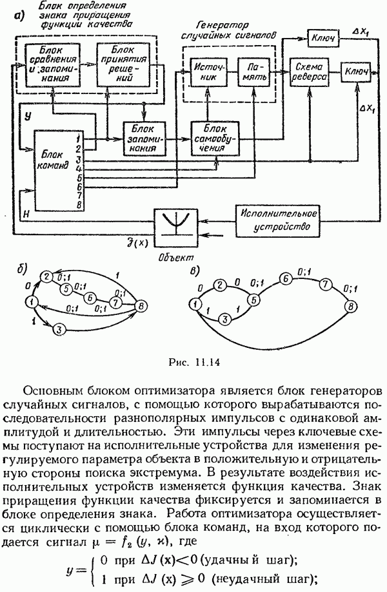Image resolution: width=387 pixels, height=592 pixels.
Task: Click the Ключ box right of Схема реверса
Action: pyautogui.click(x=356, y=73)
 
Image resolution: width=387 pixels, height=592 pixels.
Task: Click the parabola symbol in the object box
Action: pyautogui.click(x=175, y=224)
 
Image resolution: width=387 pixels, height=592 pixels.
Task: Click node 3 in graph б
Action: pyautogui.click(x=57, y=329)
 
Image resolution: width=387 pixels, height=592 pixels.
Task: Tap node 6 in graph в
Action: pyautogui.click(x=283, y=278)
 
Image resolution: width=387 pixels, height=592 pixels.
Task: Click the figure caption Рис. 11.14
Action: pyautogui.click(x=192, y=361)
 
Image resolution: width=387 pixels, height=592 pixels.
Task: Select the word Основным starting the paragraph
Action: pyautogui.click(x=62, y=392)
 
